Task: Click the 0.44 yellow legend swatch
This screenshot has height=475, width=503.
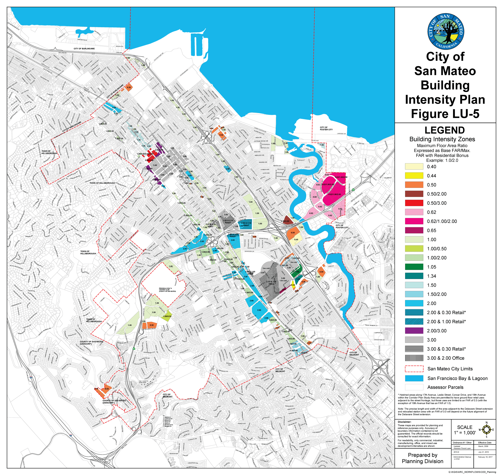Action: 414,176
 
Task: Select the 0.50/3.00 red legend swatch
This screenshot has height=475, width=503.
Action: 414,203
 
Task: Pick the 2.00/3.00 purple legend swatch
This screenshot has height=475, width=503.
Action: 414,331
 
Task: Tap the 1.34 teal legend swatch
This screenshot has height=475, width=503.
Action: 414,276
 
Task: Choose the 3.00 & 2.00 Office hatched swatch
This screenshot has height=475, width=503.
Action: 414,358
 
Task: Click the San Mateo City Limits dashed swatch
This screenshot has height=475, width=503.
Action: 414,369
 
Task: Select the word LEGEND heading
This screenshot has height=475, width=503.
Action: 445,130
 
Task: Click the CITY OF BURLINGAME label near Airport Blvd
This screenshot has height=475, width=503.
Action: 84,49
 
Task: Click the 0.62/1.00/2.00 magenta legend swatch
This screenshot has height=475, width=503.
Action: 414,221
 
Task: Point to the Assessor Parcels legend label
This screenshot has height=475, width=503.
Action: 445,387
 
